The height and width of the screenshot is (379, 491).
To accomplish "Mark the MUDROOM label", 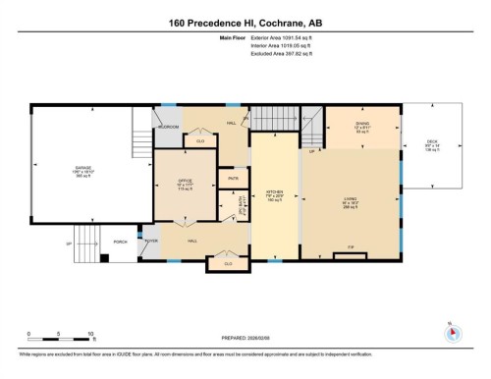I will click(x=166, y=127).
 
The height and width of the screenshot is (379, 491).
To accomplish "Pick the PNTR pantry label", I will click(x=233, y=178).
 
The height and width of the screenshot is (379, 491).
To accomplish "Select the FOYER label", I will click(x=152, y=241).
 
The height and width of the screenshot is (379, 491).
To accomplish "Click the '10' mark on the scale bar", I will click(x=90, y=335).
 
